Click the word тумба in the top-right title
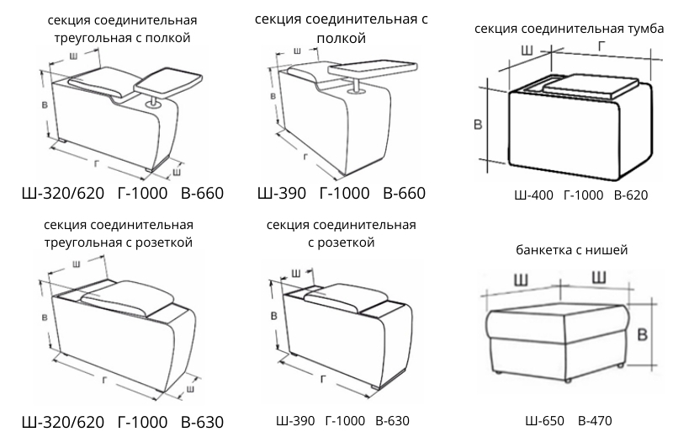click(644, 29)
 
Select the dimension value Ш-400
click(533, 195)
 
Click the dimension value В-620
click(630, 195)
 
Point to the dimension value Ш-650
click(543, 421)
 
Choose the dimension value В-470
click(595, 421)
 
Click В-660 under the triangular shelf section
click(202, 194)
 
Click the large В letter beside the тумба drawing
click(478, 125)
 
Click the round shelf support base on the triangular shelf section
click(155, 105)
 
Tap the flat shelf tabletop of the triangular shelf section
click(168, 81)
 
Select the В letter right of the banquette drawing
click(642, 334)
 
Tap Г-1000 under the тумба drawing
click(583, 195)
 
